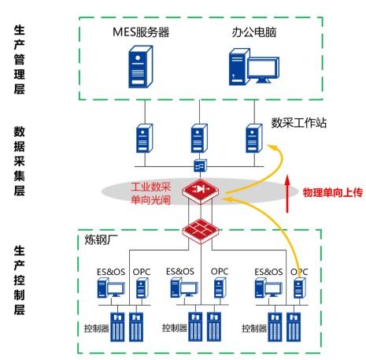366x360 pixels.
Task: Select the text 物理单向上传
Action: pos(331,191)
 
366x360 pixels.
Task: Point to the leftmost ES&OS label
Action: pos(110,273)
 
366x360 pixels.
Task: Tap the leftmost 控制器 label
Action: pos(98,327)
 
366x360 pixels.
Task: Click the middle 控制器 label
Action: pos(175,327)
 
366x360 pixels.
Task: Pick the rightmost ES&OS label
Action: pos(268,273)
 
